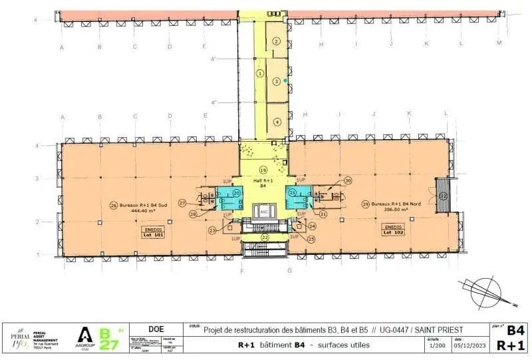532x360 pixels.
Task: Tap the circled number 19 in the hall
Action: (x=263, y=169)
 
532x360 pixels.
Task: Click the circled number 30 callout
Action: (x=347, y=180)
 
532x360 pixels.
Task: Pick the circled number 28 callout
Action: (x=192, y=214)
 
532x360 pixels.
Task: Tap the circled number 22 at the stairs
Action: (x=264, y=238)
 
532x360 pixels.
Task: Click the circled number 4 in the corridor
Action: (x=277, y=122)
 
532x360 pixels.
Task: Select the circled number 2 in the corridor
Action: (x=277, y=41)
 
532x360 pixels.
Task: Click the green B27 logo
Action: (x=108, y=337)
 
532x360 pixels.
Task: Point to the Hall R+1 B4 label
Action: (x=263, y=183)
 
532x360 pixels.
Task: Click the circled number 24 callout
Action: (x=312, y=226)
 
